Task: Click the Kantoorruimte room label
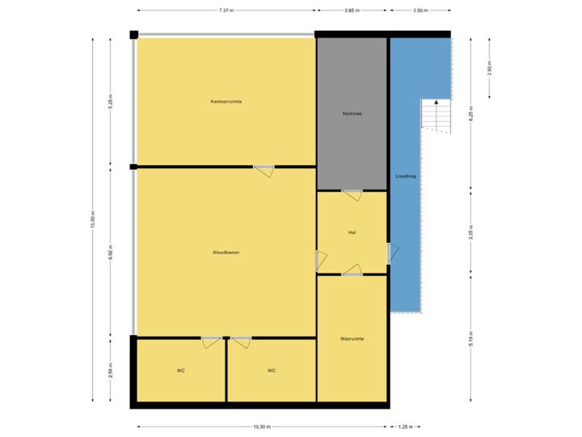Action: [x=226, y=101]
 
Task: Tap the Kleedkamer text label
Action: [x=226, y=252]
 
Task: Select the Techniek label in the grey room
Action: [x=352, y=114]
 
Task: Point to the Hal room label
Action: [x=352, y=232]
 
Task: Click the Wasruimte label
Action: [x=352, y=338]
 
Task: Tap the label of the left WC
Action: [x=181, y=371]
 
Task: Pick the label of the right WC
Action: [x=272, y=371]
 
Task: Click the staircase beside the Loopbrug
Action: [x=434, y=115]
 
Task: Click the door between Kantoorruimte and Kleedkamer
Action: [x=264, y=170]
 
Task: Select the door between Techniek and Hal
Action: [x=352, y=194]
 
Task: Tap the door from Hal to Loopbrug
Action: [x=390, y=253]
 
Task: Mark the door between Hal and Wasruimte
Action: [x=352, y=271]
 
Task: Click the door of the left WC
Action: [x=212, y=342]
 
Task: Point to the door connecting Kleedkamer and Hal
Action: [x=319, y=260]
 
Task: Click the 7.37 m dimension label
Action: [x=226, y=11]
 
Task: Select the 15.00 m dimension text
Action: [x=93, y=220]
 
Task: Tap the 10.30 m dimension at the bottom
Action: [x=261, y=426]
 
